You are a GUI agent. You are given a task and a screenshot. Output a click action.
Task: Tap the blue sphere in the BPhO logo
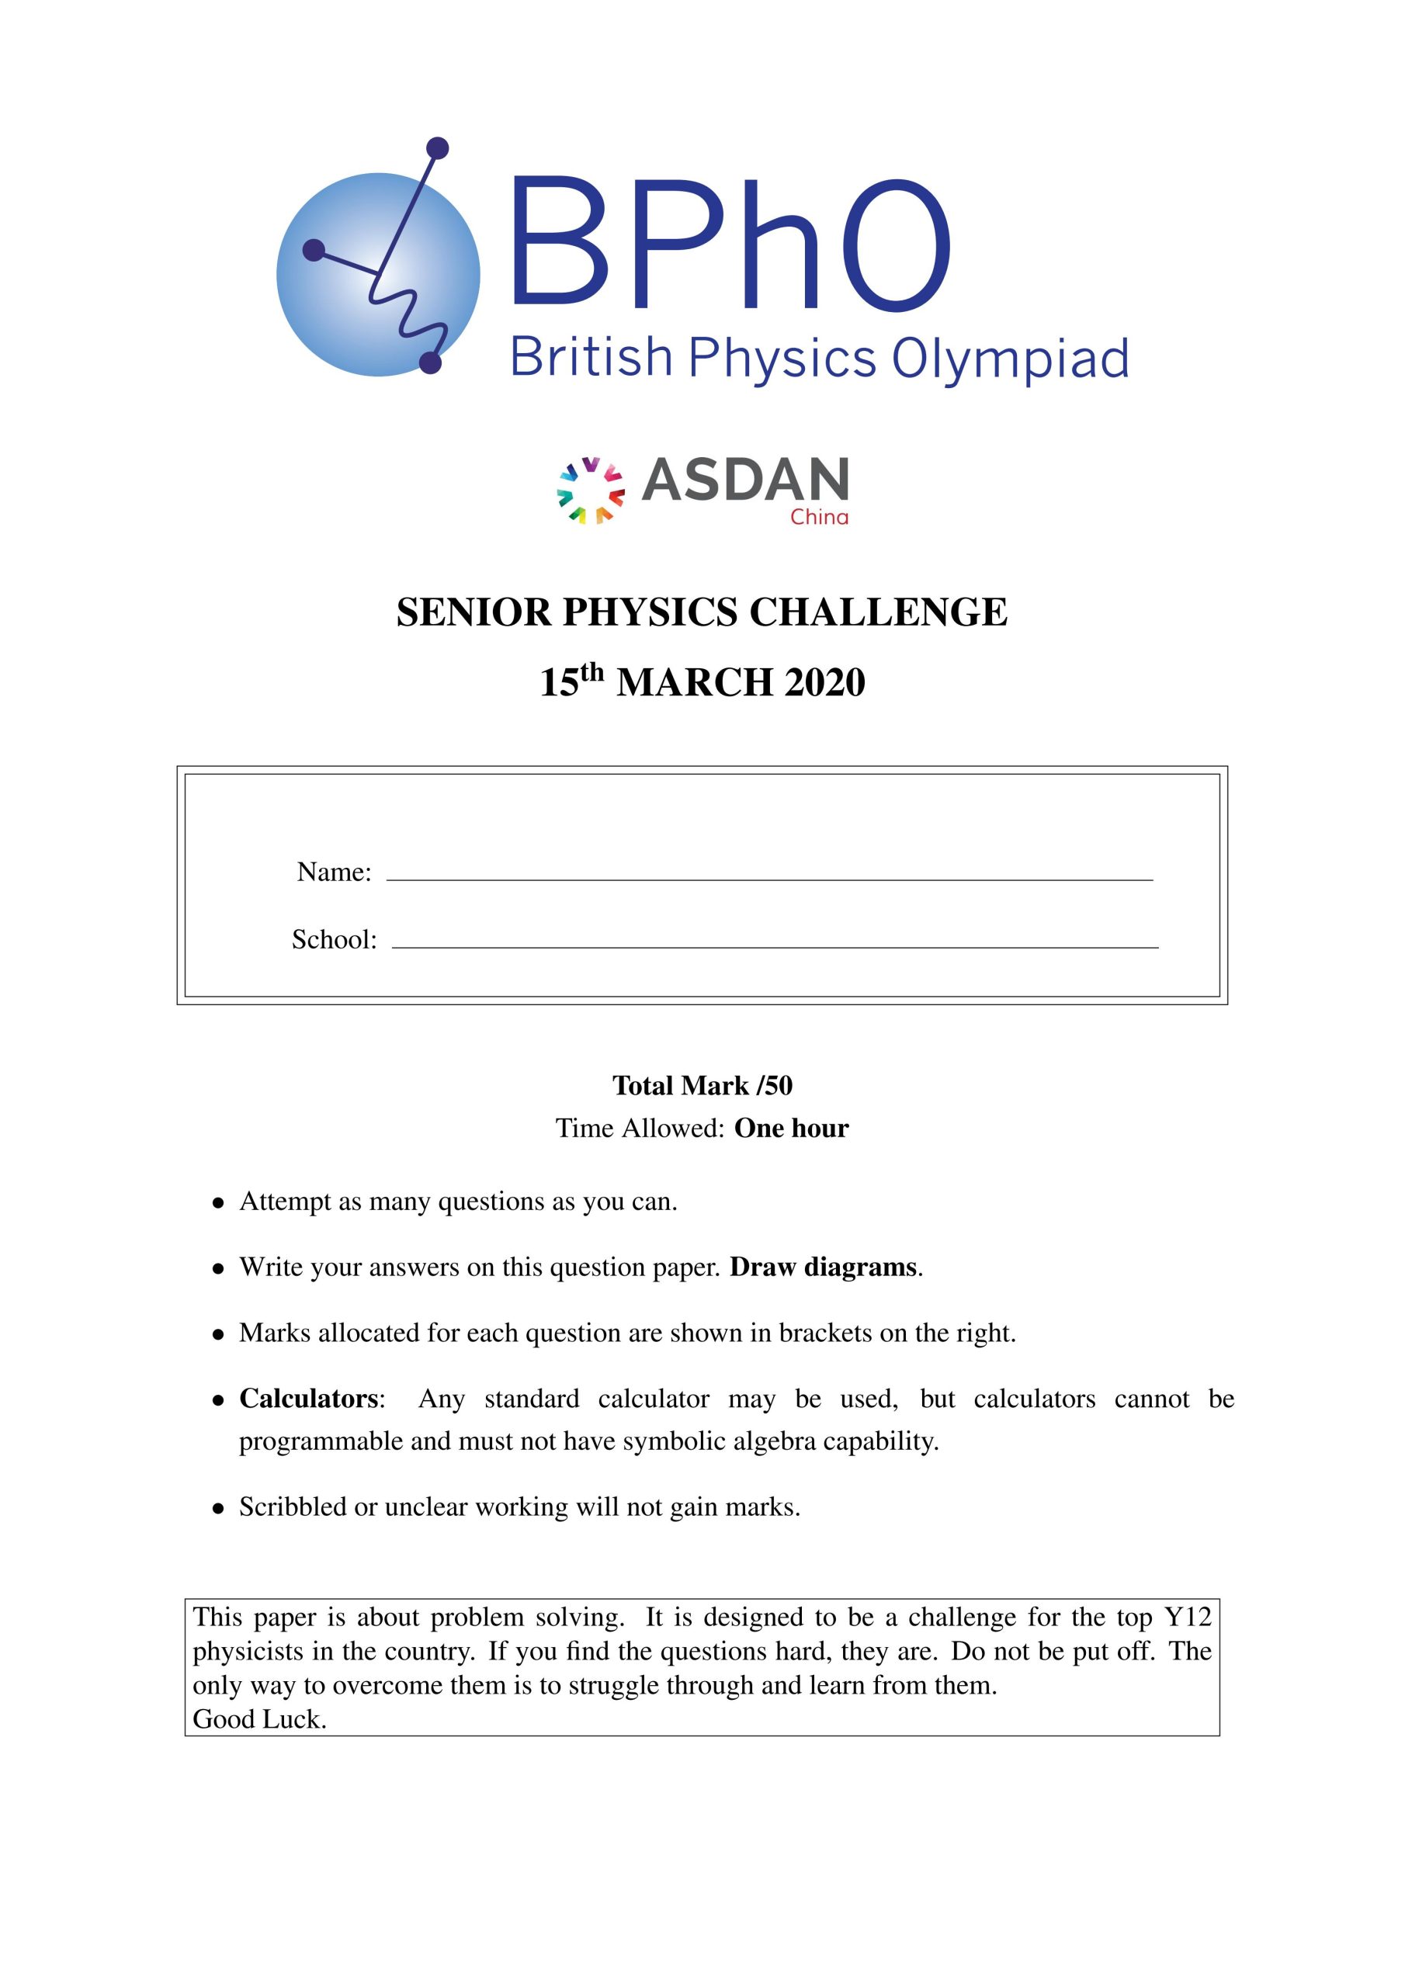tap(378, 274)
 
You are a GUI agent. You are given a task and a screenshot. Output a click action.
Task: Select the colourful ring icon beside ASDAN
tap(591, 491)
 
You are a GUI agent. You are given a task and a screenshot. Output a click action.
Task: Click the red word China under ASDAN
tap(819, 518)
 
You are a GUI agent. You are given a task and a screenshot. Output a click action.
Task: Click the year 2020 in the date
tap(824, 682)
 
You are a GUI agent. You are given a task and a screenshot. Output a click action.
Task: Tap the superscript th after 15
tap(591, 671)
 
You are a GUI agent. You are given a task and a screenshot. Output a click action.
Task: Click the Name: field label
tap(334, 872)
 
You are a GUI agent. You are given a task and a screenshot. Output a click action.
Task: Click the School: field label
tap(334, 939)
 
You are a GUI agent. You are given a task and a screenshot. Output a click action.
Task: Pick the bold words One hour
tap(791, 1128)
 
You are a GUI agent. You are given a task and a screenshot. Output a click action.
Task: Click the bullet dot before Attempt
tap(219, 1203)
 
